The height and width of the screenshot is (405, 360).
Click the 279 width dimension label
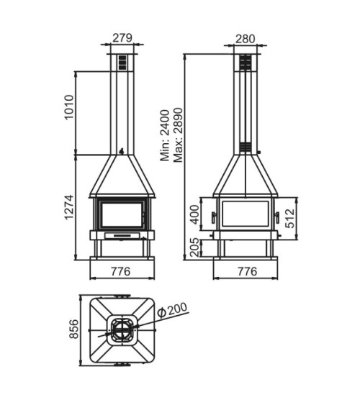(122, 37)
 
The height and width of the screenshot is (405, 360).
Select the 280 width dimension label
(246, 37)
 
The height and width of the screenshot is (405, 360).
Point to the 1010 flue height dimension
(70, 108)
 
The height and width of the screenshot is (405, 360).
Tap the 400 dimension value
(192, 214)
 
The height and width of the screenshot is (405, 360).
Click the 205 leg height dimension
(192, 247)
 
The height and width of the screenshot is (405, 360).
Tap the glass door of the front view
(122, 215)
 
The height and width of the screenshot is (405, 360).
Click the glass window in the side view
(246, 214)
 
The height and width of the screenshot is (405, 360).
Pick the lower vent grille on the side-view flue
(246, 147)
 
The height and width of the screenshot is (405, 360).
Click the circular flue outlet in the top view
(120, 332)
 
